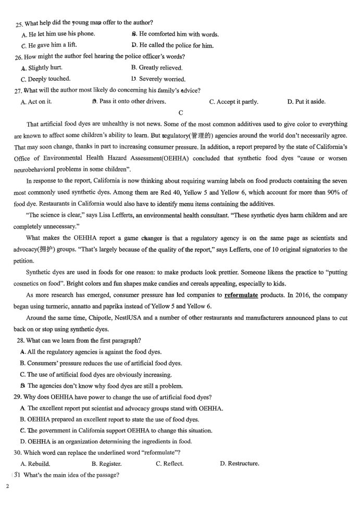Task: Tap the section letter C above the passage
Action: pyautogui.click(x=181, y=113)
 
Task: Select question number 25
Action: pyautogui.click(x=19, y=23)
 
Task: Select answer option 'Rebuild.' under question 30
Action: pyautogui.click(x=39, y=463)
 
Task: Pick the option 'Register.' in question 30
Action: pyautogui.click(x=109, y=463)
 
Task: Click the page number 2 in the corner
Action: pyautogui.click(x=7, y=486)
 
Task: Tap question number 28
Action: pyautogui.click(x=21, y=340)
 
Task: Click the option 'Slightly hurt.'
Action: pyautogui.click(x=45, y=68)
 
